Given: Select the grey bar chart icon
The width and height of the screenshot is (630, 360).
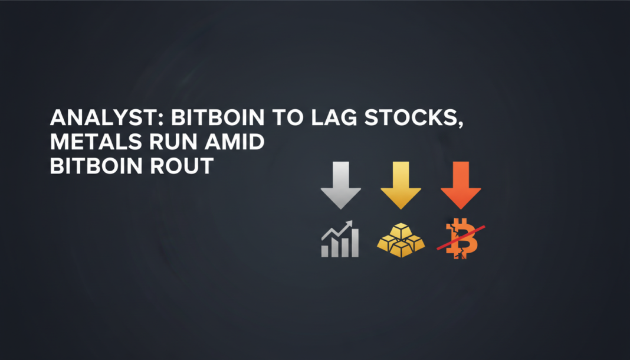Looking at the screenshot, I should coord(340,240).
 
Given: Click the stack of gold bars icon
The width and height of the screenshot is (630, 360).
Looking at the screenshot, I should coord(401,241).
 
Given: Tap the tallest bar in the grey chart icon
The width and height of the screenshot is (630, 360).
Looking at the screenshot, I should coord(354,243).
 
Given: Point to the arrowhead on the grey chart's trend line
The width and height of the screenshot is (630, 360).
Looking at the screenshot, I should coord(349,224).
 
